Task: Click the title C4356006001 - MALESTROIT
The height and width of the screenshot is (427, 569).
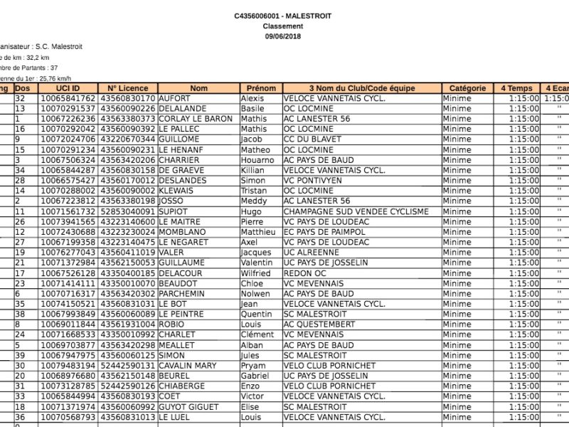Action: [282, 16]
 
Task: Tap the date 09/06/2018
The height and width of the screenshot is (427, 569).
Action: [282, 36]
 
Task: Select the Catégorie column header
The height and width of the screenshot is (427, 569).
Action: [467, 88]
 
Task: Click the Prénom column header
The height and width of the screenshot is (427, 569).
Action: [261, 88]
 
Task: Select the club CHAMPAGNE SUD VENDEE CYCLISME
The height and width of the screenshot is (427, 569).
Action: [356, 211]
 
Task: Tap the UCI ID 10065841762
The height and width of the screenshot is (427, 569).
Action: [68, 98]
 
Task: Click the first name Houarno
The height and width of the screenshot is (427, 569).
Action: [257, 160]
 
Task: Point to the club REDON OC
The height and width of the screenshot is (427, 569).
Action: [304, 273]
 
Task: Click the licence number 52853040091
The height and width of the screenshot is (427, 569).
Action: [128, 211]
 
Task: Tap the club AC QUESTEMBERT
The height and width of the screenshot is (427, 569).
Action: [318, 325]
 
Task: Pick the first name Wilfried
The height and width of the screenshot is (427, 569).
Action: [255, 273]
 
